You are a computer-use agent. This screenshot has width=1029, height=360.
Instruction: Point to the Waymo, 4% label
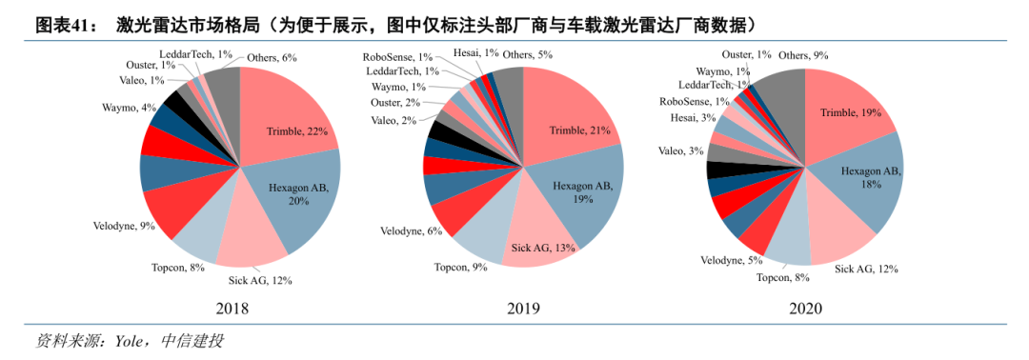[129, 108]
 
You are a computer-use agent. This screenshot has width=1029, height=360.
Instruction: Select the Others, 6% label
[272, 57]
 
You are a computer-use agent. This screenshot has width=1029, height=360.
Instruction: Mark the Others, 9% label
[803, 55]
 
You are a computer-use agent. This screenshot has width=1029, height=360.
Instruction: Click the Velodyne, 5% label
[730, 260]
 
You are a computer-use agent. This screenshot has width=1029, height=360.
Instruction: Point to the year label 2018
[232, 309]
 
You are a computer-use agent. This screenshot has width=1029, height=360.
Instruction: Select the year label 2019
[522, 309]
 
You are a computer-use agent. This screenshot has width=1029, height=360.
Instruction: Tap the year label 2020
[805, 309]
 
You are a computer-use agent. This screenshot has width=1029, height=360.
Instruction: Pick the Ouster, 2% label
[395, 102]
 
